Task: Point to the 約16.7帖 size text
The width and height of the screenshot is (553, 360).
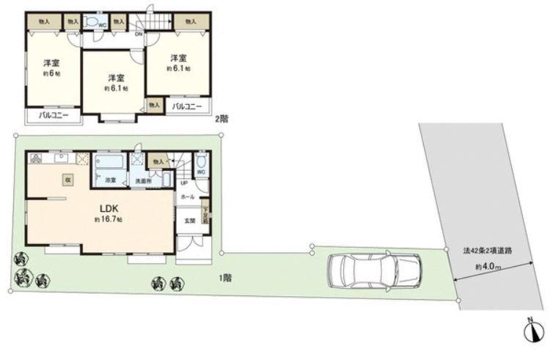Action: point(107,219)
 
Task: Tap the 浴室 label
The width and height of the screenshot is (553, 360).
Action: point(111,180)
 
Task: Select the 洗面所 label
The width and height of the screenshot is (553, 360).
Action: point(142,181)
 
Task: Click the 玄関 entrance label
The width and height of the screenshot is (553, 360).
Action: point(189,221)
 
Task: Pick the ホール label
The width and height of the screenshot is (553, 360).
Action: point(188,198)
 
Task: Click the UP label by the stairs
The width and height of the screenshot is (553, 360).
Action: point(183,184)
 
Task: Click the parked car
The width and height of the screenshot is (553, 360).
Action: point(375,271)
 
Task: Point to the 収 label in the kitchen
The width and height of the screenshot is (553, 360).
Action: point(67,180)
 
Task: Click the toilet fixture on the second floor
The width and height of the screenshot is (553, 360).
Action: point(92,23)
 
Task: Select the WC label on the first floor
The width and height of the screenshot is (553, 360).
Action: point(200,173)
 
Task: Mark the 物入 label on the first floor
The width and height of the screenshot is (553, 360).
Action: point(156,161)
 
